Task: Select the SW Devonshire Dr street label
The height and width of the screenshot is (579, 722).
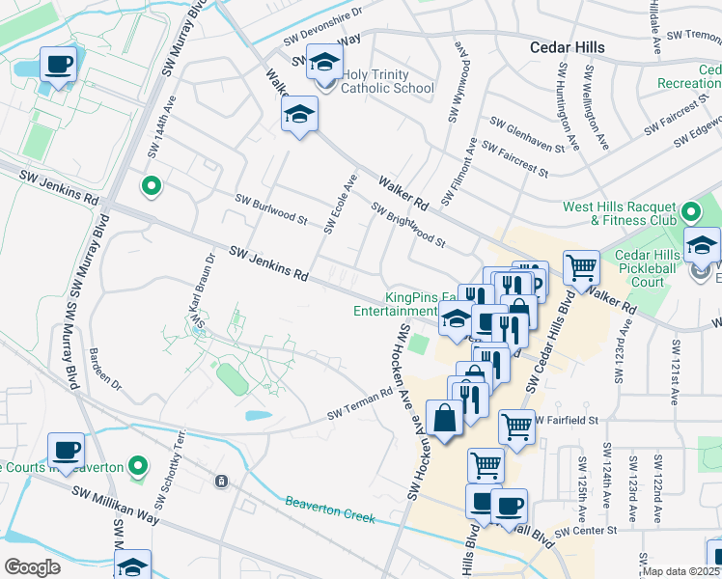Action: click(321, 27)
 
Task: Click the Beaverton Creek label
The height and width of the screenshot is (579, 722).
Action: click(330, 510)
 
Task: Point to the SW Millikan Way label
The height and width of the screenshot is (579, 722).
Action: click(115, 504)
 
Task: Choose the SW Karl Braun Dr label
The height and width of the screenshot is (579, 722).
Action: click(203, 289)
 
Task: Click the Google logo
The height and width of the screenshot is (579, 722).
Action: click(32, 567)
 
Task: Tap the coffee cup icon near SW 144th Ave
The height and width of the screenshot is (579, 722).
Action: click(58, 66)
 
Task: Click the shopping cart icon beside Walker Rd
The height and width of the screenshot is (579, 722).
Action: click(581, 266)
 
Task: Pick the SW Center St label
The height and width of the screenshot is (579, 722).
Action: click(585, 531)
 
